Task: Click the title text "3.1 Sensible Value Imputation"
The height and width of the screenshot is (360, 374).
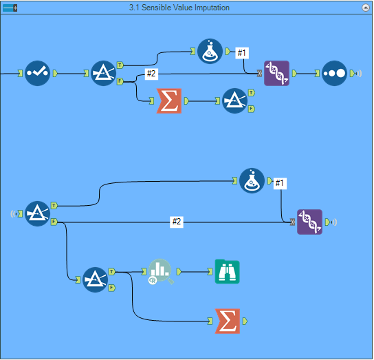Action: point(179,7)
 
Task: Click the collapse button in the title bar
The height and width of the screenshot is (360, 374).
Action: point(366,7)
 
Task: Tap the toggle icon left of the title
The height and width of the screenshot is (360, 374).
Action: point(10,7)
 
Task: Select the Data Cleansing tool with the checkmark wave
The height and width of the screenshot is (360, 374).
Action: point(38,73)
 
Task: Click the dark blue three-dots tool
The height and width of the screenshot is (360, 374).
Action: point(334,73)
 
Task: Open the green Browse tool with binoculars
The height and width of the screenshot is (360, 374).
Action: point(227,272)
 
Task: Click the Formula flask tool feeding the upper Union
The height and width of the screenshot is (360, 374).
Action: point(210,51)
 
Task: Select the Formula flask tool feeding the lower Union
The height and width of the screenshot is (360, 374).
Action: point(252,180)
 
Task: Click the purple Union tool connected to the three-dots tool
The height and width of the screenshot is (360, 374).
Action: point(276,73)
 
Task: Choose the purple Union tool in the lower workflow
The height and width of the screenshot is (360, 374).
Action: point(309,222)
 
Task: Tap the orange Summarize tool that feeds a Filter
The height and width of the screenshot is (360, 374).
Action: point(168,100)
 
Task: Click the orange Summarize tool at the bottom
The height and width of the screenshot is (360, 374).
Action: point(227,321)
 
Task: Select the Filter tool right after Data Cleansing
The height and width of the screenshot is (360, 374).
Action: point(104,73)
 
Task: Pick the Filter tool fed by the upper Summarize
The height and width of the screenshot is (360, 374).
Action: point(234,100)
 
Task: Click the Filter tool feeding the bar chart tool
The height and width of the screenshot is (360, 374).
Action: point(96,279)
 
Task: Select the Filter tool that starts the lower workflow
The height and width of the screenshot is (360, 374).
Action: point(38,213)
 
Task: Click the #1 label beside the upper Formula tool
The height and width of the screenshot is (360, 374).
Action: point(242,52)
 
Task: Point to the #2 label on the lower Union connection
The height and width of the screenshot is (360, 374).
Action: point(177,222)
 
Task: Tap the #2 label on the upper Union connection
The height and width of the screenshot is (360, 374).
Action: point(152,74)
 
